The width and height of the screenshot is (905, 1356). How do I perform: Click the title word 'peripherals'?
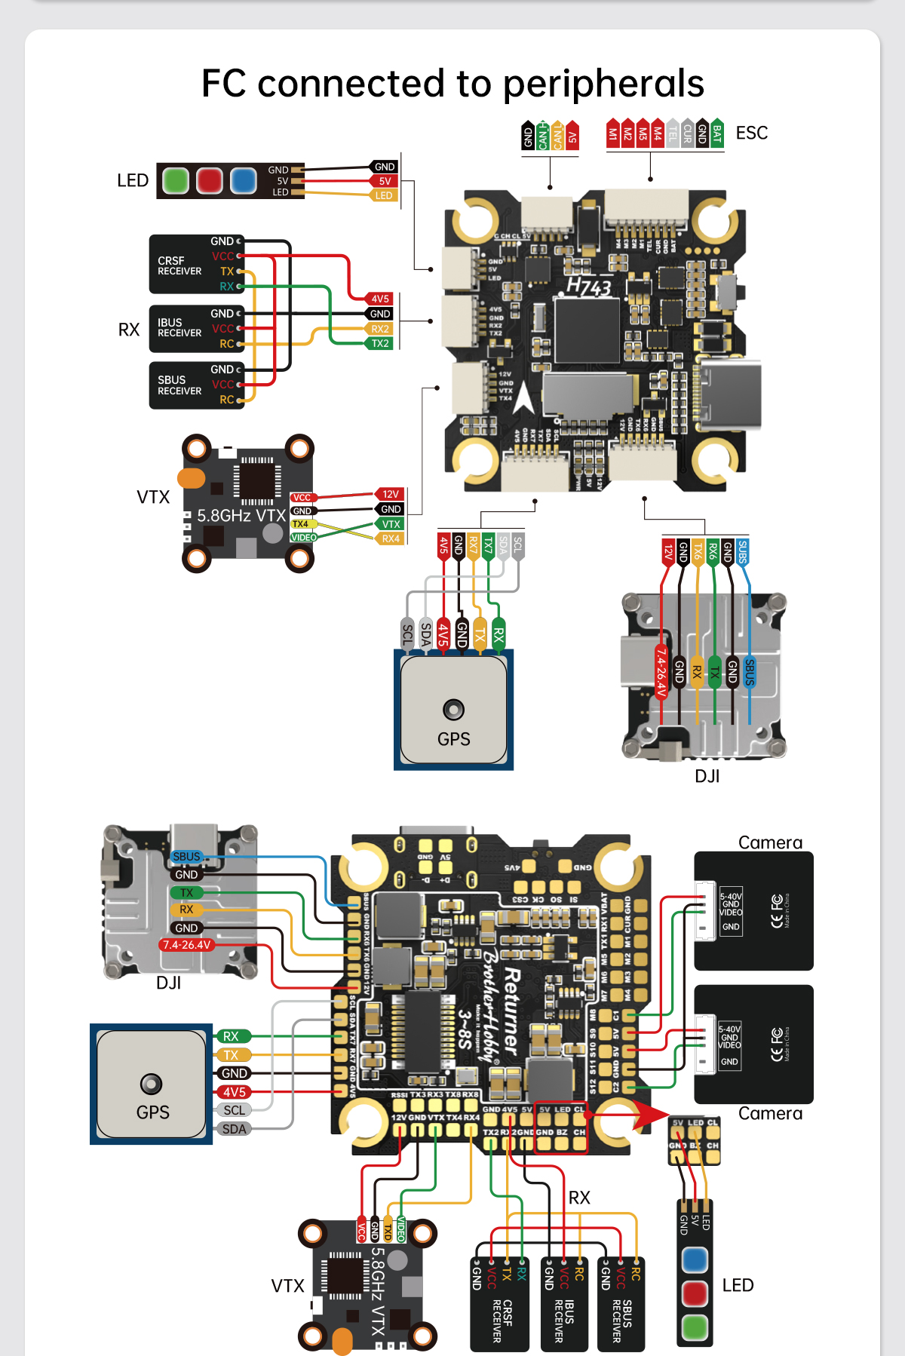[603, 84]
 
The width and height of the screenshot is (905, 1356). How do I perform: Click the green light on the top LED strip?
[176, 181]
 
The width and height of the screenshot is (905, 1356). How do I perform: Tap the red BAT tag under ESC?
[716, 133]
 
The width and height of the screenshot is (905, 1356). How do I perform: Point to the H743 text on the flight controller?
[588, 287]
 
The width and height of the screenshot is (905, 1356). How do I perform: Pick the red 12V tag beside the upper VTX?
[390, 494]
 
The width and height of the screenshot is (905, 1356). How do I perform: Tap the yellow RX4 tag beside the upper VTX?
[390, 538]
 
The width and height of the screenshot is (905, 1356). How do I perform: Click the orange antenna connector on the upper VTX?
[192, 477]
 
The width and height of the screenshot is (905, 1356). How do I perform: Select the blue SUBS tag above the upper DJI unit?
[742, 551]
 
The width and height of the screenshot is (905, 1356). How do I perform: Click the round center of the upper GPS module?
[453, 710]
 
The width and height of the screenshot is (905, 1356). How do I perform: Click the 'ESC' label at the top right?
[751, 133]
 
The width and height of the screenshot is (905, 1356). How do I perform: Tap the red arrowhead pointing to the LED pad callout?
[650, 1114]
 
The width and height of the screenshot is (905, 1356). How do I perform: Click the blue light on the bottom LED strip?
[695, 1259]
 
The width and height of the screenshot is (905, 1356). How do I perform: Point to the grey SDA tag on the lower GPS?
[235, 1129]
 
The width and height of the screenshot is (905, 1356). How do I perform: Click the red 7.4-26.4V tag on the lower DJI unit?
[187, 945]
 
